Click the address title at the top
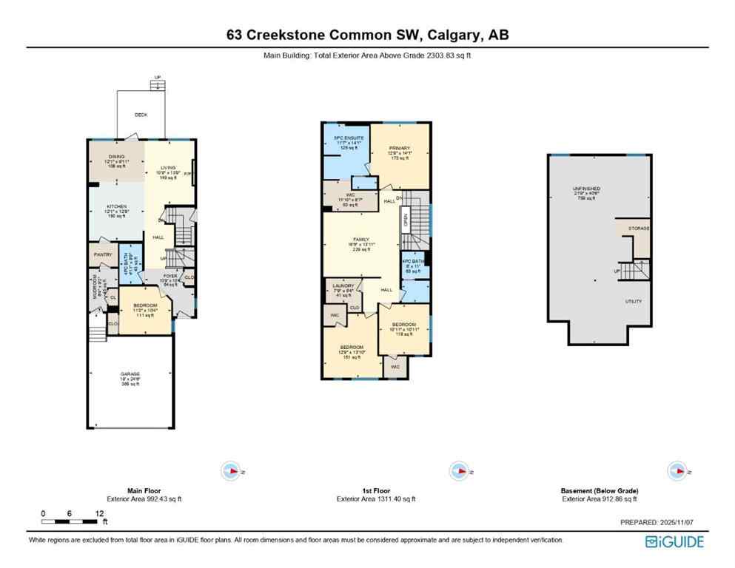click(367, 35)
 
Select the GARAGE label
click(130, 374)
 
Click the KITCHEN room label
click(116, 206)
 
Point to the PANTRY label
click(103, 254)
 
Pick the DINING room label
click(116, 156)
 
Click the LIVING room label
click(170, 168)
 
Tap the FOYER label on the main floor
click(171, 275)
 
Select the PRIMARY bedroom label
click(400, 149)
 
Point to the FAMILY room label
click(361, 240)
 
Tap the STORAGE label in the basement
click(638, 229)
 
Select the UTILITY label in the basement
click(633, 301)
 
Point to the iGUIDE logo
click(674, 542)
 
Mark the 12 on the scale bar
click(99, 513)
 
